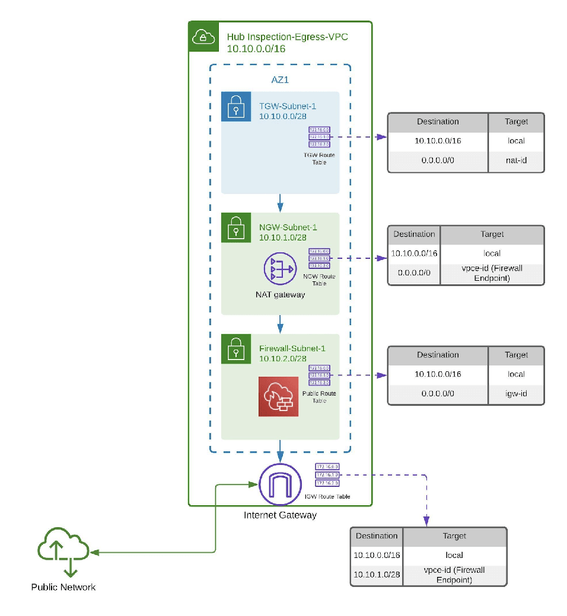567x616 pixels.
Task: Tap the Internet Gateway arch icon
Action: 280,485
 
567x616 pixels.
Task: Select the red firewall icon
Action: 278,396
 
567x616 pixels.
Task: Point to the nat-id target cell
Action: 516,160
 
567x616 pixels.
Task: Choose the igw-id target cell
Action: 516,393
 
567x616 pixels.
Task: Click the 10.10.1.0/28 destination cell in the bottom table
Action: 377,575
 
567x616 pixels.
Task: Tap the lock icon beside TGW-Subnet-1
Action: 236,107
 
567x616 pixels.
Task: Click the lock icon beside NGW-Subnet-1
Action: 236,227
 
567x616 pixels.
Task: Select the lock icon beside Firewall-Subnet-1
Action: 236,349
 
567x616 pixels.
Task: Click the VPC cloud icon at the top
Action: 203,37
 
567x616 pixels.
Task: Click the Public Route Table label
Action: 319,397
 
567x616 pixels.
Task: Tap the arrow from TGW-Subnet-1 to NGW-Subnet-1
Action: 280,203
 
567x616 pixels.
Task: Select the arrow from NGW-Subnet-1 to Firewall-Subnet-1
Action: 280,324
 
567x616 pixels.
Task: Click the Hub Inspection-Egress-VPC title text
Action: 288,37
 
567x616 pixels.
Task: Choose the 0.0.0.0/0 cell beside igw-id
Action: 438,393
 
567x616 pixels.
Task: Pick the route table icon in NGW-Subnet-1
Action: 319,259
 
